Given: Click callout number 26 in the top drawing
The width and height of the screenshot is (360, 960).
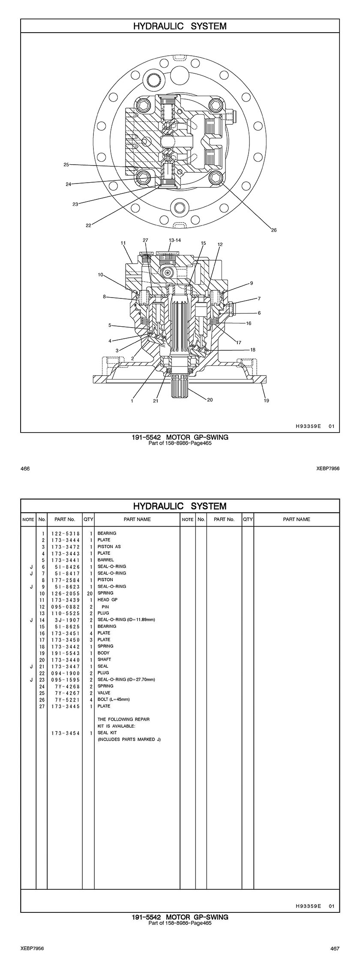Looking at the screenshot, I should click(x=274, y=230).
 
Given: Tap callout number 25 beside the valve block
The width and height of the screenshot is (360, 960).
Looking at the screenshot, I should click(x=66, y=165).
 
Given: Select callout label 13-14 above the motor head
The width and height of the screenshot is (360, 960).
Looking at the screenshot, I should click(x=175, y=240).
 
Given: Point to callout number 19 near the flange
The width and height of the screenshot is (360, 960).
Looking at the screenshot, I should click(x=266, y=400).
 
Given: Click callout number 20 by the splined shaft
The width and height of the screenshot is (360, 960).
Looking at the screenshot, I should click(x=210, y=400).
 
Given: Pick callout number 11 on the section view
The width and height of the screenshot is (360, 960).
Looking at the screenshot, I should click(x=123, y=243).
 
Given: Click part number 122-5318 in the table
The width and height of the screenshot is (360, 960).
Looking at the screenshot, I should click(x=66, y=533).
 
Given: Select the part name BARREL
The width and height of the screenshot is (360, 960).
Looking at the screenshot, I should click(x=105, y=560).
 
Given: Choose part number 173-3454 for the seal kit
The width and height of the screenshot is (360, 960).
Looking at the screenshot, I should click(x=66, y=733).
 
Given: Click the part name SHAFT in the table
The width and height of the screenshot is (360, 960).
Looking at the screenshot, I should click(x=104, y=659).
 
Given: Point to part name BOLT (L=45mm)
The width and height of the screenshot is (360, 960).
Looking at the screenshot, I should click(x=114, y=699).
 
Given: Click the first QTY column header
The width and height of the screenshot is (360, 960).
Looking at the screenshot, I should click(x=88, y=519).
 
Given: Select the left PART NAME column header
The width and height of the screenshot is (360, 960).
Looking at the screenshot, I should click(x=137, y=519).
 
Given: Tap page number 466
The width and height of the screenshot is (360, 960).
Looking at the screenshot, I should click(x=25, y=469).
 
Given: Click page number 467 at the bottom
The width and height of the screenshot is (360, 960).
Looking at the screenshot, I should click(x=335, y=948).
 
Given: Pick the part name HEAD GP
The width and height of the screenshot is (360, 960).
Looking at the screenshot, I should click(x=107, y=600).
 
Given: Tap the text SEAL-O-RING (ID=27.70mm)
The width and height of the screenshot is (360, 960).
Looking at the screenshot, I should click(x=126, y=680).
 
